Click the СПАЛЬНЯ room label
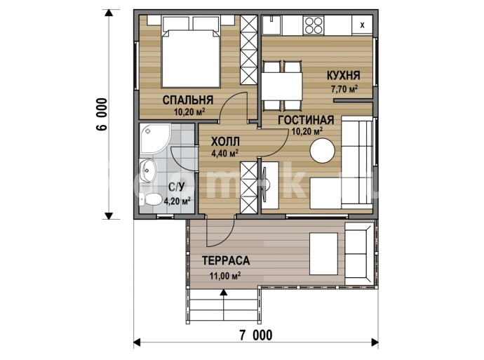click(188, 100)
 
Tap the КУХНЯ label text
click(343, 75)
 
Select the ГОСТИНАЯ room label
click(306, 120)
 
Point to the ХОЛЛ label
click(225, 142)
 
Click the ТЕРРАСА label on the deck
click(226, 260)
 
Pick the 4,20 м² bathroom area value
click(177, 201)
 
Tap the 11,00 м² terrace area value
click(225, 275)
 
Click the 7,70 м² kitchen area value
click(344, 89)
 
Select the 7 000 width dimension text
click(256, 335)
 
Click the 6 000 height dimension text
click(102, 114)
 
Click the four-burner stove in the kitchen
click(314, 25)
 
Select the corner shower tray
click(154, 139)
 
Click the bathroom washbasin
click(148, 171)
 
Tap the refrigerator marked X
click(362, 25)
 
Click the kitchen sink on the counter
click(272, 25)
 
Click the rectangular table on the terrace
click(323, 254)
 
